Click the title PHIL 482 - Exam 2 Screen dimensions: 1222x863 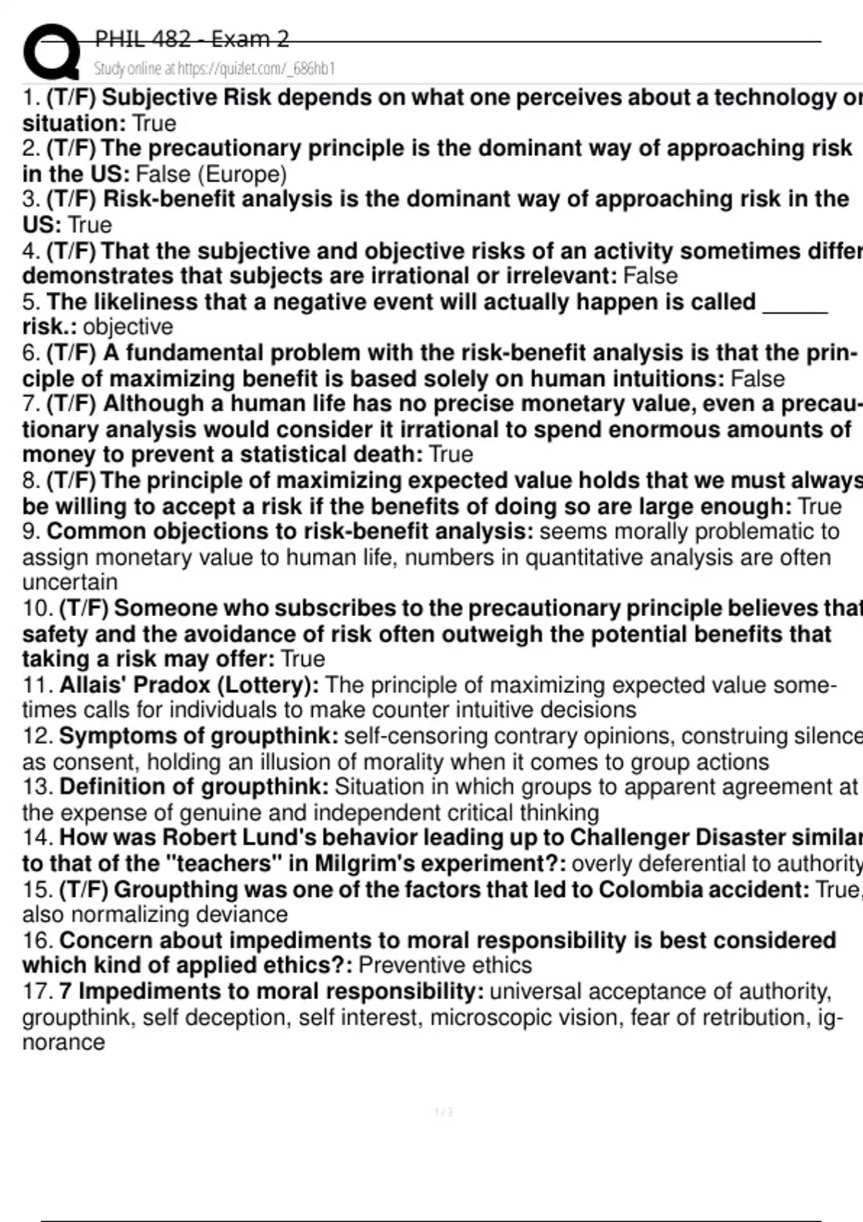(191, 39)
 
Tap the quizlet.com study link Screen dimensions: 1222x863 (214, 69)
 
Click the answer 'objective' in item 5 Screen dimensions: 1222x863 (128, 327)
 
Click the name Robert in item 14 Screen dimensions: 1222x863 (195, 838)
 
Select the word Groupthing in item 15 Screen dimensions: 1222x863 (175, 890)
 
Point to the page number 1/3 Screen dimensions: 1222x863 (444, 1113)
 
